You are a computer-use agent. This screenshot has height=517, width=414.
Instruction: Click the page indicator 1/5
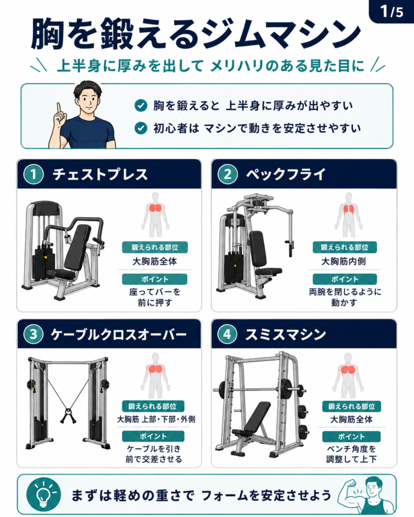pyautogui.click(x=392, y=12)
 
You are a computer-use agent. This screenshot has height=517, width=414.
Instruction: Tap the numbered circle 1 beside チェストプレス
pyautogui.click(x=34, y=174)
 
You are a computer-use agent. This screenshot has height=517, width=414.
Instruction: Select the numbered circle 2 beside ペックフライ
pyautogui.click(x=227, y=174)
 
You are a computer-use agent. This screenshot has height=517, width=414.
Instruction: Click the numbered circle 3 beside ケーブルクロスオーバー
pyautogui.click(x=34, y=334)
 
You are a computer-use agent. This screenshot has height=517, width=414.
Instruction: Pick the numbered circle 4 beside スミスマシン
pyautogui.click(x=227, y=334)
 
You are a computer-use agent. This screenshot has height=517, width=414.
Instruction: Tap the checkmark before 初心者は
pyautogui.click(x=141, y=128)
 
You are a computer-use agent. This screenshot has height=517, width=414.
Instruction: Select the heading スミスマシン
pyautogui.click(x=285, y=334)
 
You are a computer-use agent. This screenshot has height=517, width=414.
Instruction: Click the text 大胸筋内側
pyautogui.click(x=343, y=262)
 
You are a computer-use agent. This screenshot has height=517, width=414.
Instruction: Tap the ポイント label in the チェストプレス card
pyautogui.click(x=155, y=279)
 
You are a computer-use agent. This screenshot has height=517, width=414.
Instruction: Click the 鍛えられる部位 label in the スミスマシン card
pyautogui.click(x=351, y=406)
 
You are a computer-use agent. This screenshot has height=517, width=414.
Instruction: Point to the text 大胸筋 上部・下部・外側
pyautogui.click(x=156, y=420)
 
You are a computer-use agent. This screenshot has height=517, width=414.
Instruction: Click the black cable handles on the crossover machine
pyautogui.click(x=68, y=416)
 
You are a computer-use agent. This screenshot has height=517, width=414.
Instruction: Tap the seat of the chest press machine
pyautogui.click(x=61, y=273)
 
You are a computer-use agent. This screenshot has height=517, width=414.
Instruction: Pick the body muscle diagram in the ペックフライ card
pyautogui.click(x=348, y=215)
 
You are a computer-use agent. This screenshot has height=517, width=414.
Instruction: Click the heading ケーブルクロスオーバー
pyautogui.click(x=119, y=334)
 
